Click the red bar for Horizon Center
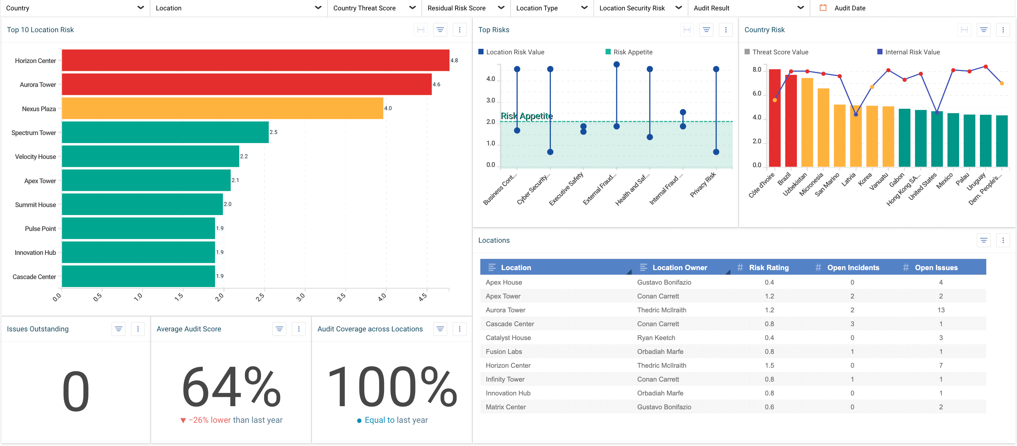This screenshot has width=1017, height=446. point(255,60)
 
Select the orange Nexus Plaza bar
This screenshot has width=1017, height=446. point(222,108)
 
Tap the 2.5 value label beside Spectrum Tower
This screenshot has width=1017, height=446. point(273,132)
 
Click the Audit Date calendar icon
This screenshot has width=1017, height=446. point(823,8)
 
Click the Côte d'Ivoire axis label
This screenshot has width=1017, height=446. point(762,185)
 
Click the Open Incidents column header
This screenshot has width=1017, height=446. point(853,267)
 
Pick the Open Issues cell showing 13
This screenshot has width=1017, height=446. point(941,310)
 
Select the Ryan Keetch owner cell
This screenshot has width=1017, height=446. point(656,338)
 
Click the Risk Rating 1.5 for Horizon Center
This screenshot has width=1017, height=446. point(769,365)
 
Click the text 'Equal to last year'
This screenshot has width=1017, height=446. point(396,420)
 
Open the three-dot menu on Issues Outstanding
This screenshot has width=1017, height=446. point(138,329)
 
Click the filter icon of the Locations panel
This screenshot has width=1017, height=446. point(983,240)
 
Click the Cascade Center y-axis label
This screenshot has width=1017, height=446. point(34,277)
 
